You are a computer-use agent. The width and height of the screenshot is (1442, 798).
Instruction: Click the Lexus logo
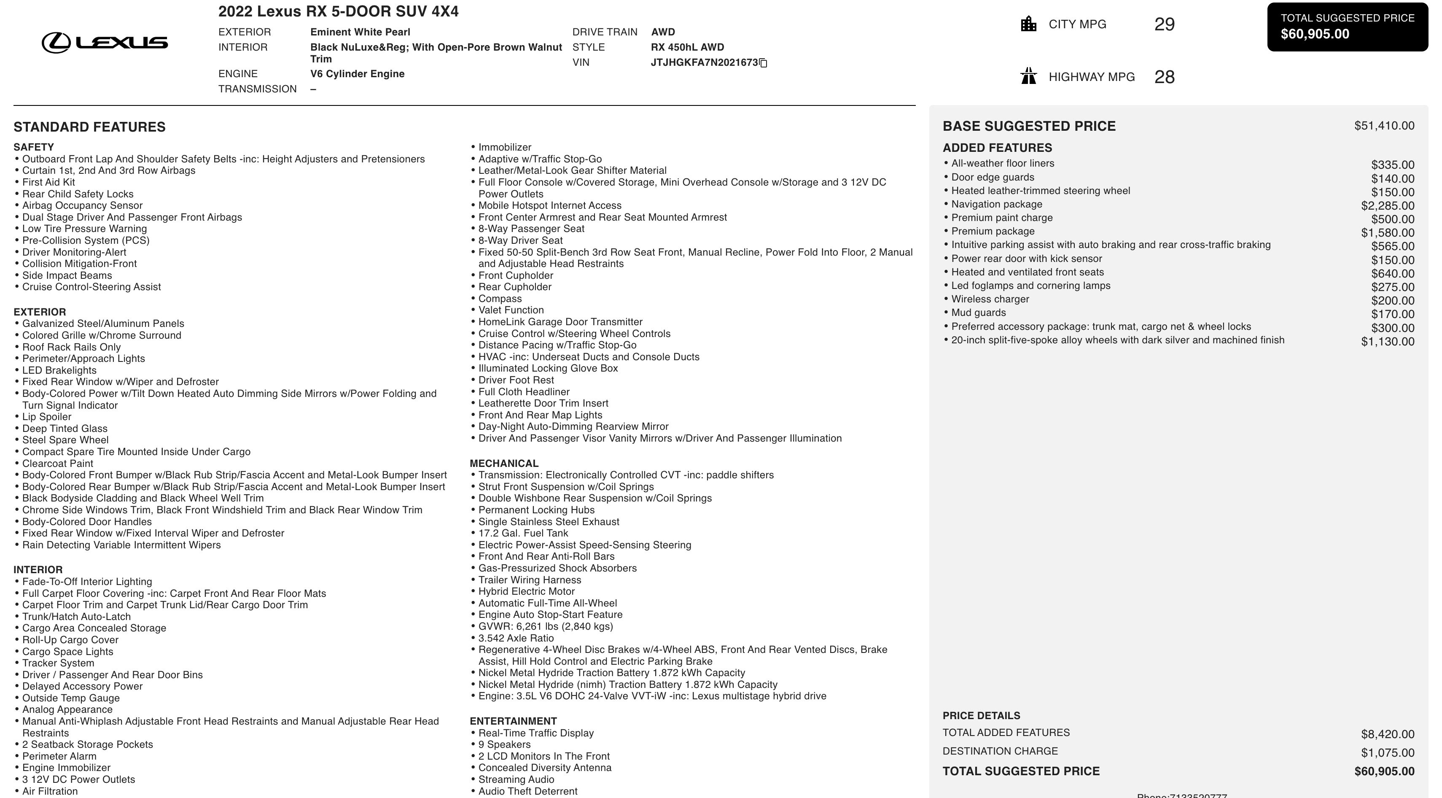[105, 43]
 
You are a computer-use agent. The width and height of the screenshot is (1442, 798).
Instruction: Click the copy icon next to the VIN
[763, 63]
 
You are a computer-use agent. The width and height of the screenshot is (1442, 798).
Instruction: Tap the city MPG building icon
[1028, 24]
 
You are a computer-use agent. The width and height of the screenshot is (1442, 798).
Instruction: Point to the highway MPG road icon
[1028, 76]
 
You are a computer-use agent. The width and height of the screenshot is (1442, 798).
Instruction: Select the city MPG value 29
[1164, 24]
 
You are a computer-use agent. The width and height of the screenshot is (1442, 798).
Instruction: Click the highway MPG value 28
[1164, 77]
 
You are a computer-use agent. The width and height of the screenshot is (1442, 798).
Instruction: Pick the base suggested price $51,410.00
[1384, 126]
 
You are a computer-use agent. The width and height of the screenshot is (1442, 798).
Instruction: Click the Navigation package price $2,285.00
[1387, 205]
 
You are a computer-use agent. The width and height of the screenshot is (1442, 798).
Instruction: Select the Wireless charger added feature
[990, 299]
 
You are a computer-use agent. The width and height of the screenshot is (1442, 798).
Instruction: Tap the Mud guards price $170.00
[1392, 314]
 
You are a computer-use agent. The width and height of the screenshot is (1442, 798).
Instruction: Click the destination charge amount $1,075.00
[1387, 752]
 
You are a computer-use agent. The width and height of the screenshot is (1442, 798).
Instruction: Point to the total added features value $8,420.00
[1387, 734]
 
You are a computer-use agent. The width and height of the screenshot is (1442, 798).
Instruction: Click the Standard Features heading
[89, 127]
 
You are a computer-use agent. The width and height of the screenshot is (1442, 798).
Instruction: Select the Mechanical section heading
[504, 464]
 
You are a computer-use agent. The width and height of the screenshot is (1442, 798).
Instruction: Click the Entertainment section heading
[513, 721]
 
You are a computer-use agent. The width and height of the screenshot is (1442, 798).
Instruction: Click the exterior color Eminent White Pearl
[360, 32]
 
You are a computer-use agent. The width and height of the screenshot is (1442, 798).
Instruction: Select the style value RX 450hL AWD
[687, 47]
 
